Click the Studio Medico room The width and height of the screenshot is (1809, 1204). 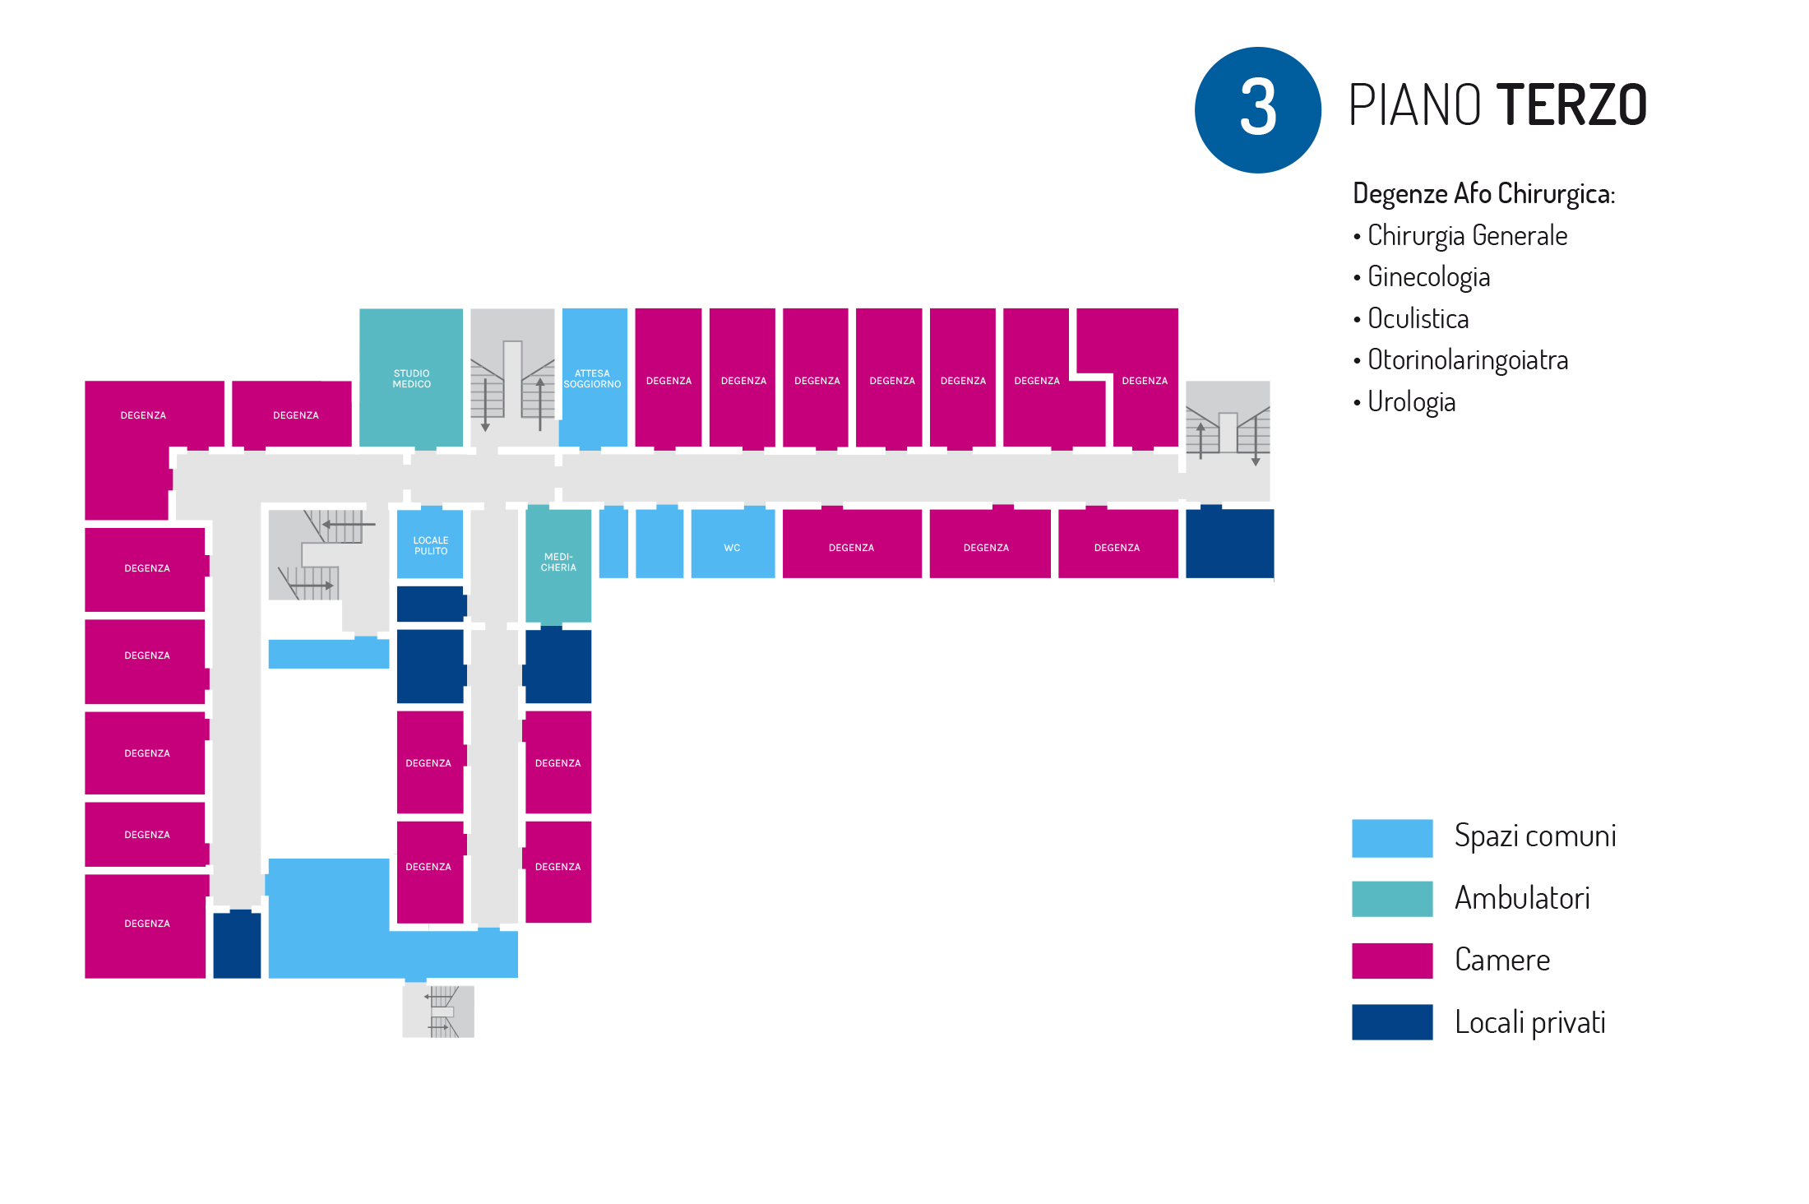coord(411,378)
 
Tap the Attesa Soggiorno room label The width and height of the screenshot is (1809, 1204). coord(592,379)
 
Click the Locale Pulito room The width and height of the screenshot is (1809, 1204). coord(430,545)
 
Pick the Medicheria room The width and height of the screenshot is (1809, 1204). coord(558,563)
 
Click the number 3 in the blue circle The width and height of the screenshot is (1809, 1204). coord(1257,109)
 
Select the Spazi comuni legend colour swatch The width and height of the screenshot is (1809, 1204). coord(1391,838)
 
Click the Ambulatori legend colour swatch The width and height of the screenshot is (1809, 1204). coord(1391,899)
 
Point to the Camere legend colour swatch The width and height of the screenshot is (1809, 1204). coord(1391,961)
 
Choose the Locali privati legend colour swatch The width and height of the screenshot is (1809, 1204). coord(1391,1022)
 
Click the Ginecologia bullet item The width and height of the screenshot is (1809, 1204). coord(1428,277)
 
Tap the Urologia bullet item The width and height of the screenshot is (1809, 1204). coord(1411,402)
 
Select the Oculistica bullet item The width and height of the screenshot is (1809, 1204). coord(1418,319)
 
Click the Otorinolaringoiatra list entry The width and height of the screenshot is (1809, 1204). coord(1468,360)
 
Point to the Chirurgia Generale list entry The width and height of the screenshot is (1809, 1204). coord(1467,236)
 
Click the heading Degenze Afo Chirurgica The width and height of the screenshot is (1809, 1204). coord(1483,194)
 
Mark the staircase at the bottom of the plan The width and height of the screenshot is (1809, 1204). coord(438,1012)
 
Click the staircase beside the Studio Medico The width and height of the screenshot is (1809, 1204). coord(512,378)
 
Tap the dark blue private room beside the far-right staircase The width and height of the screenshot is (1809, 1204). coord(1229,544)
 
